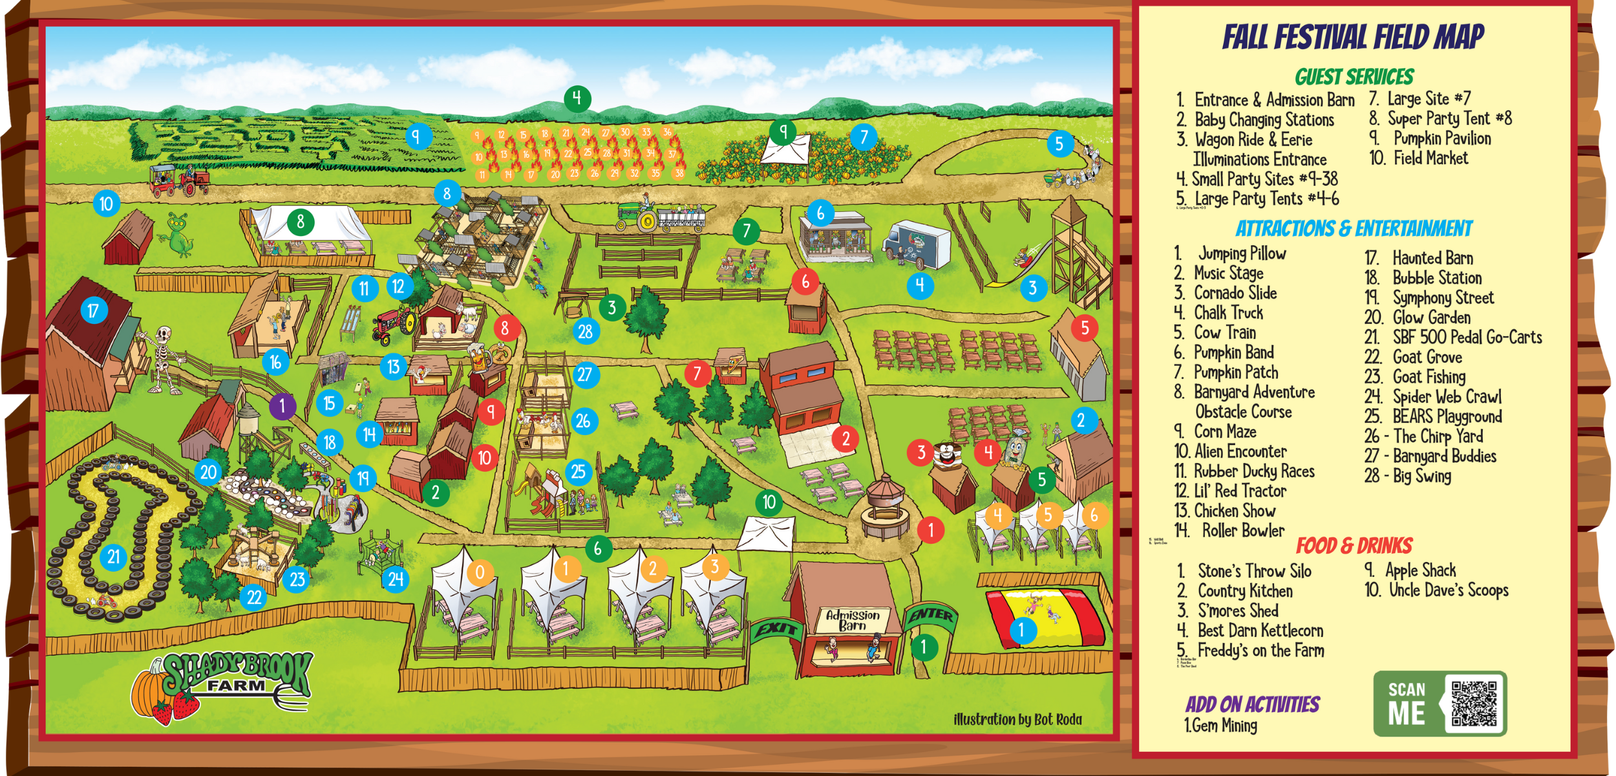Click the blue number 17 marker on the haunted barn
[93, 311]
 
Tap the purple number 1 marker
[282, 407]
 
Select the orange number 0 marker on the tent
[480, 572]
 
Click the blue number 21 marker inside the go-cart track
[114, 557]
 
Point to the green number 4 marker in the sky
[577, 98]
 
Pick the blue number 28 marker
[586, 332]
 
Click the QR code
[1474, 703]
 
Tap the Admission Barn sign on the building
[853, 620]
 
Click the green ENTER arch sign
[931, 615]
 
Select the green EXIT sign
[776, 629]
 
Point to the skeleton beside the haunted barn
[162, 359]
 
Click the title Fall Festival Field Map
[1353, 37]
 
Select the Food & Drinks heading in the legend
[1354, 546]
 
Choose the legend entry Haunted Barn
[1432, 258]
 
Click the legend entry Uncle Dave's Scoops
[1448, 590]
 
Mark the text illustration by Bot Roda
[1017, 719]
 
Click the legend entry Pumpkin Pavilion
[1441, 138]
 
